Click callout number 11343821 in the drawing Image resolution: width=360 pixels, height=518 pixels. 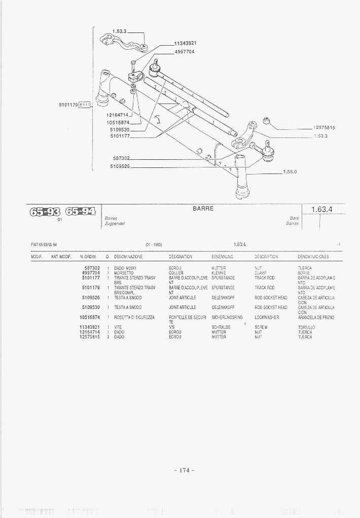click(185, 43)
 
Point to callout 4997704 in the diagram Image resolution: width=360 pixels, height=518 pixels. click(185, 52)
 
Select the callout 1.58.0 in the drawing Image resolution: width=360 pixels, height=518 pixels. click(290, 171)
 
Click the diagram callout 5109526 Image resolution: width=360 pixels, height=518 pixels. click(120, 166)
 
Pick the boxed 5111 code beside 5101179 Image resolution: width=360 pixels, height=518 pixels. click(85, 105)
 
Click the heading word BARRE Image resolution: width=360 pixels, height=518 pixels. click(203, 209)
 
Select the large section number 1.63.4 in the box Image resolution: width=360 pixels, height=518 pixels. click(324, 209)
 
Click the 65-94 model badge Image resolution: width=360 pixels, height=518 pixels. click(81, 211)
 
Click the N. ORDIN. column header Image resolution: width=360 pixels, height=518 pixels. click(88, 257)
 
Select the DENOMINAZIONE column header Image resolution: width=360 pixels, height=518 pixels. click(128, 257)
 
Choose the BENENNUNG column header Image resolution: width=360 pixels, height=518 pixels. click(222, 257)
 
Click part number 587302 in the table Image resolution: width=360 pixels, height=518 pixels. click(91, 268)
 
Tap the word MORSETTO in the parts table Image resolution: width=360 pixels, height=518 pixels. click(124, 273)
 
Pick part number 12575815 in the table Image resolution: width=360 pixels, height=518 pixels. click(89, 337)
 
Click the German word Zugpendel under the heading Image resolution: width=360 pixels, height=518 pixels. click(115, 223)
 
